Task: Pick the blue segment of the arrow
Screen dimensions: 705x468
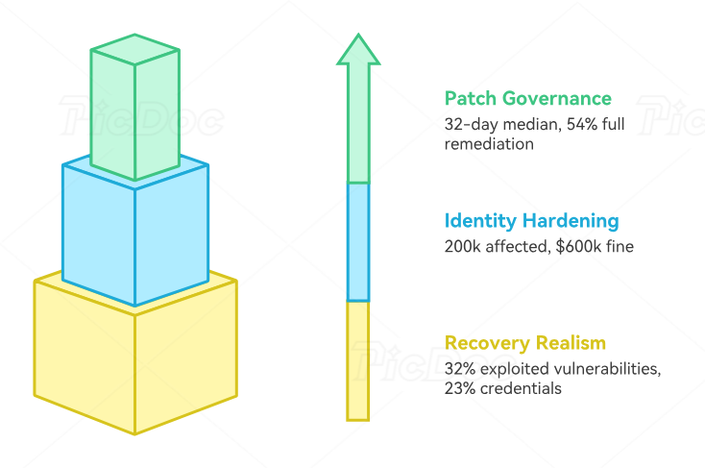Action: [357, 241]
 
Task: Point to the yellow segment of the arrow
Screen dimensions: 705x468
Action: [357, 360]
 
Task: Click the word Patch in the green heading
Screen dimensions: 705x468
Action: [470, 98]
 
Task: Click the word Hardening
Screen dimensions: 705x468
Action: [574, 221]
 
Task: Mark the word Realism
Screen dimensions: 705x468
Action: [572, 343]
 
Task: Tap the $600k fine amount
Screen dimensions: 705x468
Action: [575, 247]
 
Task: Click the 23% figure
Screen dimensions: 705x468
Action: [460, 388]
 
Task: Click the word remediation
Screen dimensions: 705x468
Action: [489, 144]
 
